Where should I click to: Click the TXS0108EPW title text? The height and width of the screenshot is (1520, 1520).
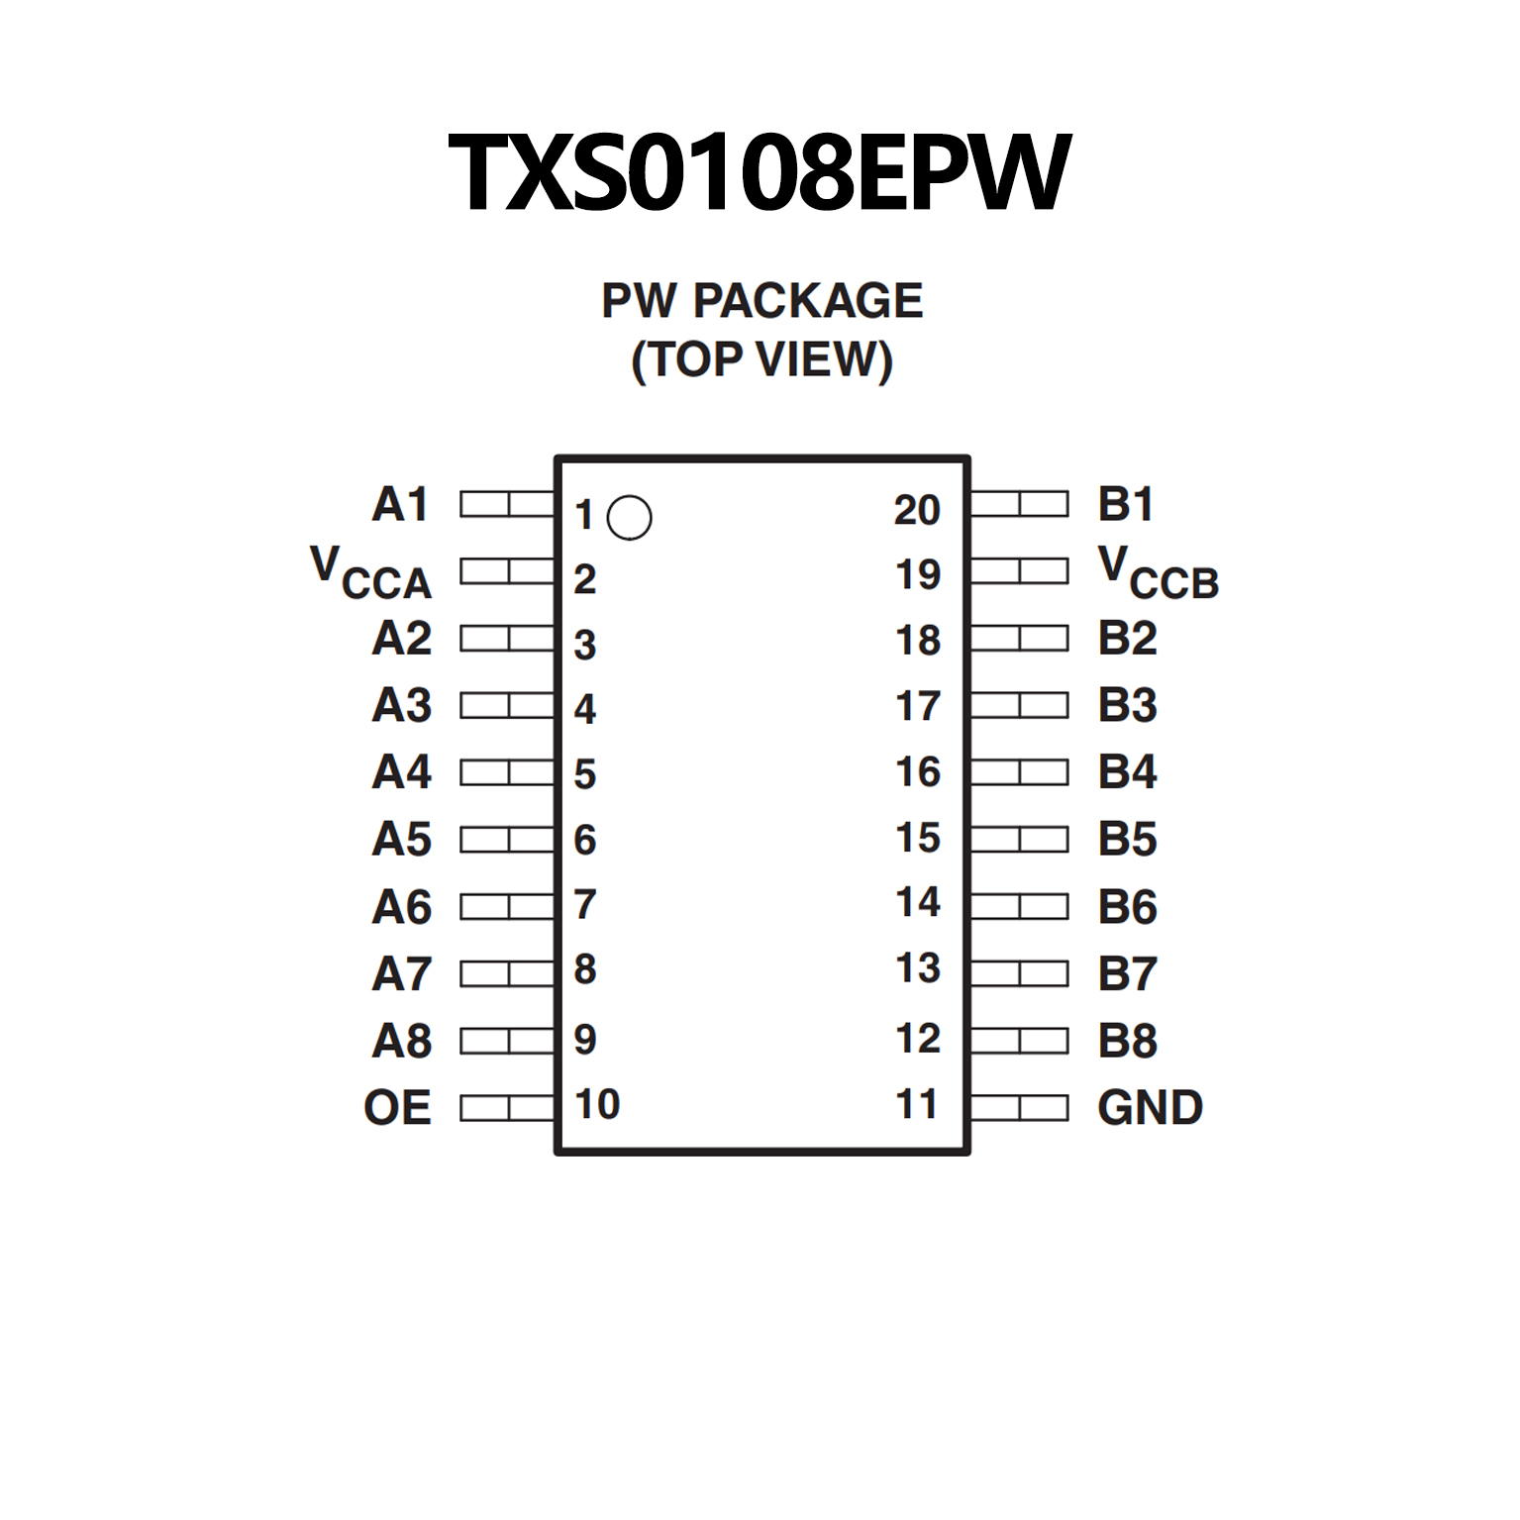[760, 172]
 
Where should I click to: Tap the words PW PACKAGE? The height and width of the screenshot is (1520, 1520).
[761, 301]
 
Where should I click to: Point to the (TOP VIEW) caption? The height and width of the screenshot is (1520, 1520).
[761, 359]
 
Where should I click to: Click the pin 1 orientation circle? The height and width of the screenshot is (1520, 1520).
[629, 517]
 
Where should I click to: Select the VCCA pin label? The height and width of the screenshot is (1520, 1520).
[371, 573]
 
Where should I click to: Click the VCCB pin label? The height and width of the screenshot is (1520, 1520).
[1159, 573]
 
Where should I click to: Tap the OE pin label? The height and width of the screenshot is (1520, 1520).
[397, 1108]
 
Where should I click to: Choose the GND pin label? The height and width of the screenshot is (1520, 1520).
[1150, 1108]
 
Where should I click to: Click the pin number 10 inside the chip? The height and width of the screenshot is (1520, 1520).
[597, 1104]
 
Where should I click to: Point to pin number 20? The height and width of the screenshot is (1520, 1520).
[917, 510]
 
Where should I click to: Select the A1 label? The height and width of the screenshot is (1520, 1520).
[400, 505]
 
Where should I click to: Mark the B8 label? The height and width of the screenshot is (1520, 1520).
[1127, 1042]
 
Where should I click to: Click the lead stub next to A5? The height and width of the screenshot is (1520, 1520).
[507, 840]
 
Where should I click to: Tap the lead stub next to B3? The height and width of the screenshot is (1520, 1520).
[1019, 705]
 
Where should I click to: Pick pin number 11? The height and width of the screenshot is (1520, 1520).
[916, 1104]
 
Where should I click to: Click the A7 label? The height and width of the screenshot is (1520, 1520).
[401, 974]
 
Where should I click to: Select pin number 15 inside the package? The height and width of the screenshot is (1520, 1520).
[918, 838]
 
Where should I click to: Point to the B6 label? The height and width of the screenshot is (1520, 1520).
[1127, 907]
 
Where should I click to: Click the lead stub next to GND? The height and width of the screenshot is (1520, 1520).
[1019, 1107]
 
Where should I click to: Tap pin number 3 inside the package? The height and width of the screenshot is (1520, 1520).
[585, 645]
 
